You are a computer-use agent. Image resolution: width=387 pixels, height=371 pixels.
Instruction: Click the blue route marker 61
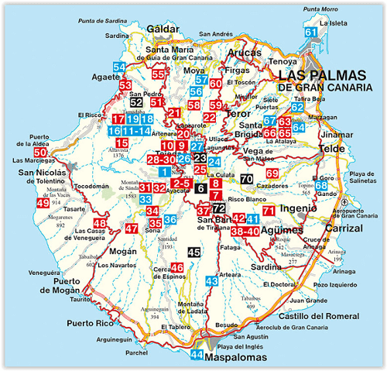tap(311, 33)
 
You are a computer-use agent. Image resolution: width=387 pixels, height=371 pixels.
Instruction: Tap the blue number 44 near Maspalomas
tap(197, 356)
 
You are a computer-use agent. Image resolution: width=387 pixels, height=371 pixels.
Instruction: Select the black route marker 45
tap(194, 252)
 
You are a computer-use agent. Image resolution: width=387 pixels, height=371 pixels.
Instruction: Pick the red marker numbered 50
tap(40, 153)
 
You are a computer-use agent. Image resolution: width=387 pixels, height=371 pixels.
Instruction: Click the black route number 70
tap(246, 180)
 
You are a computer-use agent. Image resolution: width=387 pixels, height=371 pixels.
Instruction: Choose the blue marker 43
tap(211, 281)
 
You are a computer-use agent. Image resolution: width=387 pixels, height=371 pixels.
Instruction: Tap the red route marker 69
tap(272, 173)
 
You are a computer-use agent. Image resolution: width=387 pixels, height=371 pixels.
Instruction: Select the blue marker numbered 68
tap(320, 186)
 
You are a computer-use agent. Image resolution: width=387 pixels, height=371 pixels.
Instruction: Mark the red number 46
tap(176, 268)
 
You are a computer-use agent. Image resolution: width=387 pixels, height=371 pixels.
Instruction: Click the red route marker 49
tap(43, 204)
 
